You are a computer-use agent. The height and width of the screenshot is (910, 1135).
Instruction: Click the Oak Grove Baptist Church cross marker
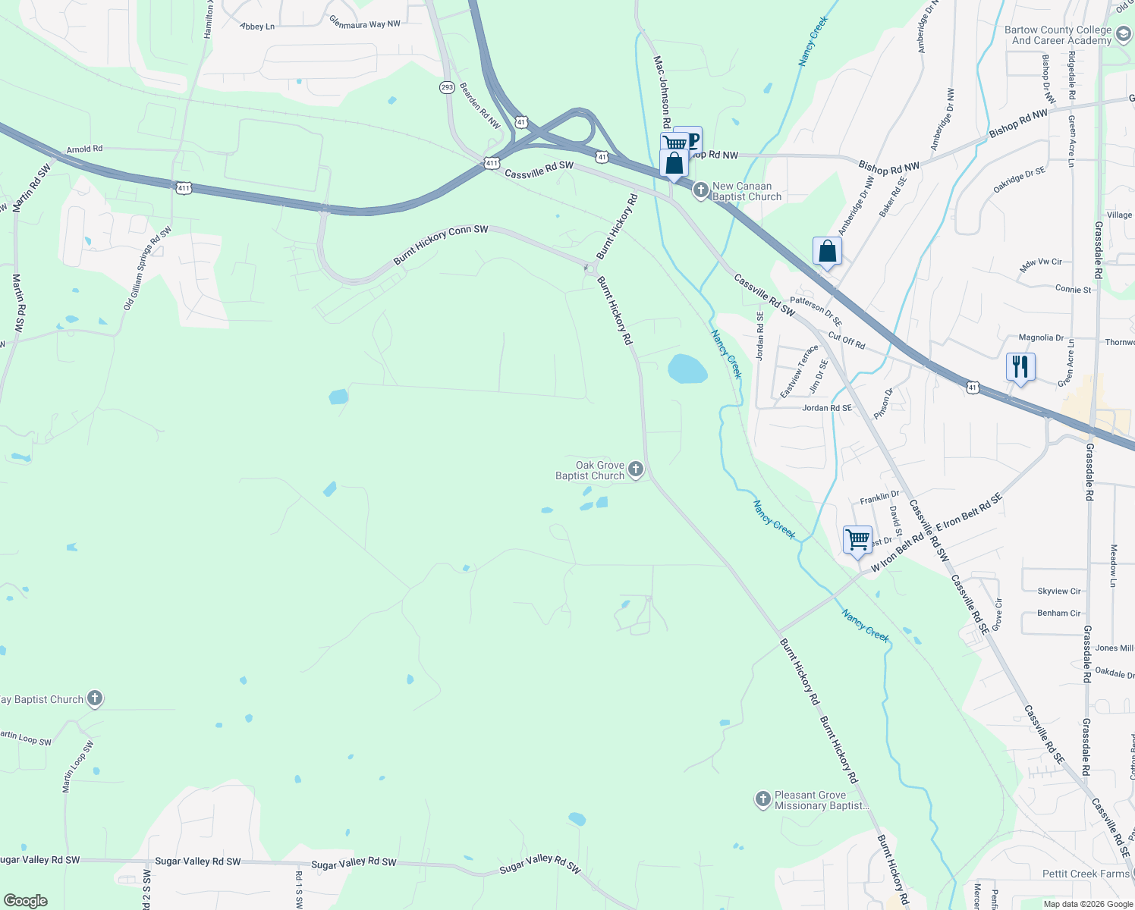pyautogui.click(x=636, y=469)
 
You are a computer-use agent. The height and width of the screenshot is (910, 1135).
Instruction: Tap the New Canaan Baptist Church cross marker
pyautogui.click(x=701, y=190)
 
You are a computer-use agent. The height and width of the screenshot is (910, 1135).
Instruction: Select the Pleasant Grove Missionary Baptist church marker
pyautogui.click(x=762, y=799)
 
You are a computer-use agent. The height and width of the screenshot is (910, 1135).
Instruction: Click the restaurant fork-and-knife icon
pyautogui.click(x=1020, y=367)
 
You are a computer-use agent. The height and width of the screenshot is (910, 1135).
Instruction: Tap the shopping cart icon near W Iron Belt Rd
pyautogui.click(x=857, y=540)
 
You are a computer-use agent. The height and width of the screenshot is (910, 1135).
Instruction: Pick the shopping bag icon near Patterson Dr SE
pyautogui.click(x=827, y=251)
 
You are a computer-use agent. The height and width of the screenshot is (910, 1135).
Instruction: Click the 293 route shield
pyautogui.click(x=447, y=87)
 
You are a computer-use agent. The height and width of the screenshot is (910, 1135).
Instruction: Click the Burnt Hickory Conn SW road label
pyautogui.click(x=441, y=245)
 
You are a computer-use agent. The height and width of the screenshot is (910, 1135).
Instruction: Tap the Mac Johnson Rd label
pyautogui.click(x=662, y=92)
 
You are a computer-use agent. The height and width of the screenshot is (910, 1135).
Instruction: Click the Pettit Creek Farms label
pyautogui.click(x=1086, y=874)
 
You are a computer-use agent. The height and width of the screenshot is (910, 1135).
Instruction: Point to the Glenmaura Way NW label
pyautogui.click(x=365, y=24)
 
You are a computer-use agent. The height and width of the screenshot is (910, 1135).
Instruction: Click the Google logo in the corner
pyautogui.click(x=26, y=900)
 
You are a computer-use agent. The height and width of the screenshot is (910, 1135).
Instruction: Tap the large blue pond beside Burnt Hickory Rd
pyautogui.click(x=687, y=369)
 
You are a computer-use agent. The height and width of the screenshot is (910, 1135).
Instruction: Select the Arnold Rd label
pyautogui.click(x=84, y=149)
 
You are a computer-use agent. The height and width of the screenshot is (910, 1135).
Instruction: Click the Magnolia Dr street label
pyautogui.click(x=1041, y=337)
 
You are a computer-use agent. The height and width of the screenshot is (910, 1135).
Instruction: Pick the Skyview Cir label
pyautogui.click(x=1059, y=591)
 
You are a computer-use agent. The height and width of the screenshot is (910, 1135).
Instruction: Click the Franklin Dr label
pyautogui.click(x=879, y=497)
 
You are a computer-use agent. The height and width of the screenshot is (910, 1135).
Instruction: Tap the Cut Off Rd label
pyautogui.click(x=847, y=340)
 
